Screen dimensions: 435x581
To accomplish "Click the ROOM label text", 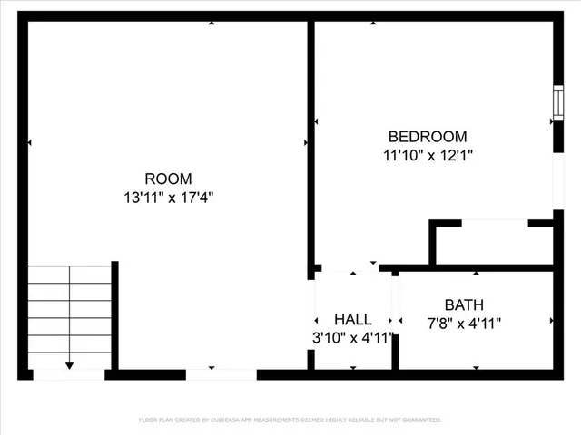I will click(x=169, y=179).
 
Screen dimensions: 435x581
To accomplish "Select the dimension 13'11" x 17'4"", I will click(x=169, y=196).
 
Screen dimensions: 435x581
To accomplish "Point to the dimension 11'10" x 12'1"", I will click(x=428, y=155).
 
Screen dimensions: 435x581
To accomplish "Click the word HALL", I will click(x=352, y=319).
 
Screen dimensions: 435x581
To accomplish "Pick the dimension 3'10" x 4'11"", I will click(x=352, y=338).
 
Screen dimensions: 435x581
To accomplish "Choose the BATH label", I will click(x=464, y=304).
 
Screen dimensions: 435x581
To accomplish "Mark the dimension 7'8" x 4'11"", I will click(x=464, y=323).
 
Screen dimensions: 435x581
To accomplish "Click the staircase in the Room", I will click(x=69, y=314).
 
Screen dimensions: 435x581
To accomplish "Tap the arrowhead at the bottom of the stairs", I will click(x=69, y=366).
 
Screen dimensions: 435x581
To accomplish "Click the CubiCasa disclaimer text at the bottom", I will click(x=290, y=420).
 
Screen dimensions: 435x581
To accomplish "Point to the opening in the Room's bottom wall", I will click(x=222, y=373).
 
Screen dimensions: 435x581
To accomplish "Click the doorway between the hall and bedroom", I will click(x=350, y=267).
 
